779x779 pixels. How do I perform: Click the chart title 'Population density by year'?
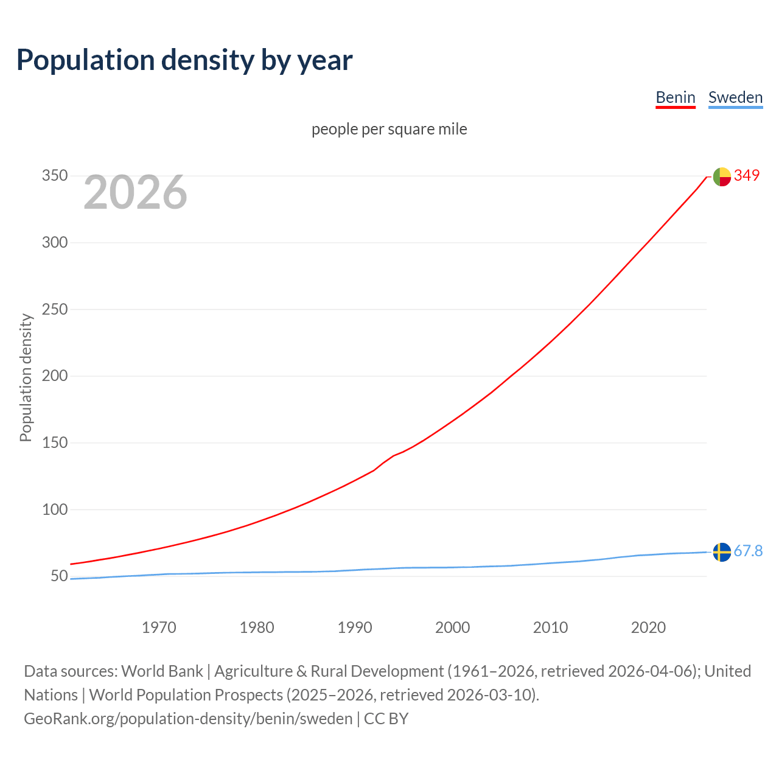pos(184,60)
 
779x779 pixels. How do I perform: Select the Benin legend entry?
pos(675,97)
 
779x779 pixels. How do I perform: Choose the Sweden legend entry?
pos(735,97)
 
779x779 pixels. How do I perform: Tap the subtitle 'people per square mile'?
pos(389,129)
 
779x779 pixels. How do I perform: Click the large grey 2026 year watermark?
pos(135,192)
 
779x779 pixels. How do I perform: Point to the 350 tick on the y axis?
pos(54,176)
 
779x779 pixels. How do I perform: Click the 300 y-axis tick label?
pos(54,242)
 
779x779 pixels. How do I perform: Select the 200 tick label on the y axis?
pos(54,376)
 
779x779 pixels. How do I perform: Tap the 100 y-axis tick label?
pos(54,509)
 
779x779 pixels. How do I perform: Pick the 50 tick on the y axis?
pos(58,576)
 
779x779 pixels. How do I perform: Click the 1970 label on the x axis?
pos(159,627)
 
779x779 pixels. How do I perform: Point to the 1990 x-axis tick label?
pos(355,627)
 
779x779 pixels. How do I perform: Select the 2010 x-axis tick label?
pos(550,627)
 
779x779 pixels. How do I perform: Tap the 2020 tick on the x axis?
pos(648,627)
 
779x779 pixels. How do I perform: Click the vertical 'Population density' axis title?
pos(26,377)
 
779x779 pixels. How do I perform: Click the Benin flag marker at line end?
pos(722,176)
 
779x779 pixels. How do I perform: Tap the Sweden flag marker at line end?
pos(722,552)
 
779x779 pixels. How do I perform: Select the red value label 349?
pos(747,175)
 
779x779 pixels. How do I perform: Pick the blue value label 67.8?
pos(748,551)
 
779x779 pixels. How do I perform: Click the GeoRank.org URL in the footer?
pos(188,719)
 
